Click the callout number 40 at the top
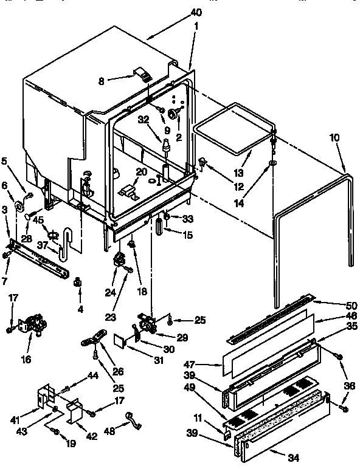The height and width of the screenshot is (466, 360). coord(196,13)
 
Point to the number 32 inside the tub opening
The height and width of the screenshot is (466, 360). coord(144,120)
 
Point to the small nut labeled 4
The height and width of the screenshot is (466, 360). coord(78,283)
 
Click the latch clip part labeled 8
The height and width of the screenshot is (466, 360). coord(144,76)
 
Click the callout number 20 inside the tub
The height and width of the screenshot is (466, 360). coord(141,172)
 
